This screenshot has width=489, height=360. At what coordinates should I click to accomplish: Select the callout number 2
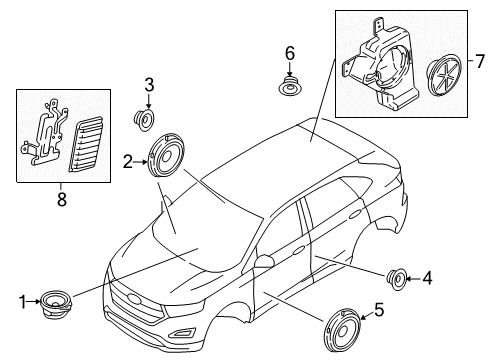(128, 160)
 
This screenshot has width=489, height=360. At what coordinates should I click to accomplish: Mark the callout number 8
(58, 198)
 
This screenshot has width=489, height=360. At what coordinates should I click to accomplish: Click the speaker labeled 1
(55, 301)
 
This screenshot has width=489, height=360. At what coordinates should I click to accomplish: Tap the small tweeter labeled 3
(146, 121)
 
